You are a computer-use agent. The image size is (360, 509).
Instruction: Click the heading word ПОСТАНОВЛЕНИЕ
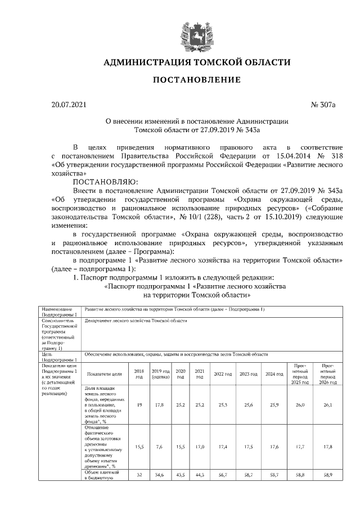(197, 80)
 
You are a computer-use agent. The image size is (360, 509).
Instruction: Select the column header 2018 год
(139, 373)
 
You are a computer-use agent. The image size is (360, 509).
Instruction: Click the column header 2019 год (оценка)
(161, 373)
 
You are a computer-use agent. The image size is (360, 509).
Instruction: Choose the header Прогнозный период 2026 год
(327, 373)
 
